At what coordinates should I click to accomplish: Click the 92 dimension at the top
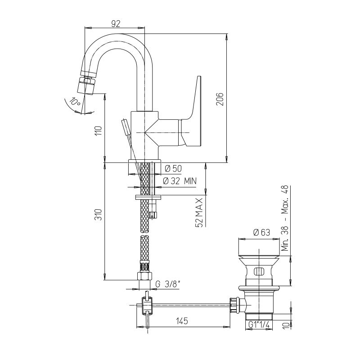click(116, 23)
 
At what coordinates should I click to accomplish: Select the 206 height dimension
click(220, 99)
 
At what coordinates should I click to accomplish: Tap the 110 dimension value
click(98, 130)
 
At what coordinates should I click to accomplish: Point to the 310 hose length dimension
click(98, 215)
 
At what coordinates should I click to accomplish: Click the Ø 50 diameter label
click(173, 169)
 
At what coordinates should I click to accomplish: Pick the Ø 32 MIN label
click(180, 181)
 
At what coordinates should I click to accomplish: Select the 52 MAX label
click(199, 212)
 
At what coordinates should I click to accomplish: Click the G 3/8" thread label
click(167, 284)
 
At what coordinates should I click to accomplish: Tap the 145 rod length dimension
click(182, 321)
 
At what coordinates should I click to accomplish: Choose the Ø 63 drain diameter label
click(261, 232)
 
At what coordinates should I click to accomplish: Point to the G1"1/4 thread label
click(259, 324)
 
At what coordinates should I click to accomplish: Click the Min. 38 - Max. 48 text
click(285, 218)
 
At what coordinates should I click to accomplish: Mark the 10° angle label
click(75, 102)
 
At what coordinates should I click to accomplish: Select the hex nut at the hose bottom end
click(144, 276)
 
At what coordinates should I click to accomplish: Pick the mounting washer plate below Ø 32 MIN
click(148, 197)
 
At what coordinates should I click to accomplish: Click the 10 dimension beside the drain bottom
click(286, 325)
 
